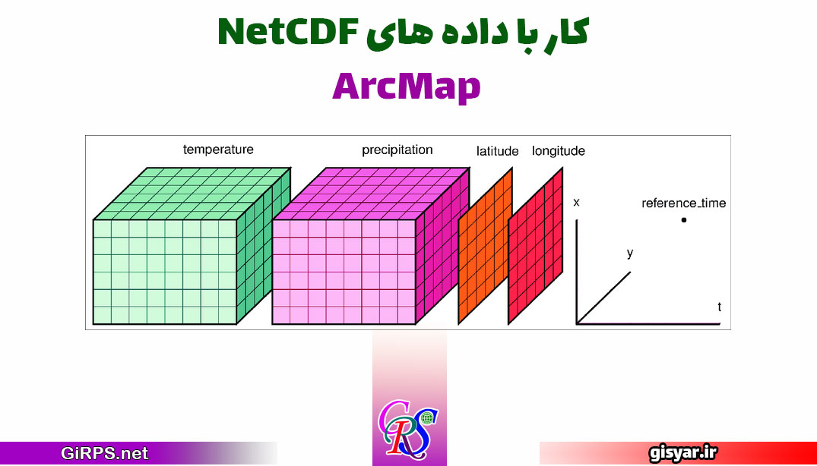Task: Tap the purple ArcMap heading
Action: pyautogui.click(x=407, y=87)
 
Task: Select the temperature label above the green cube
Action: pyautogui.click(x=218, y=150)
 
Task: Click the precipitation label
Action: pyautogui.click(x=397, y=150)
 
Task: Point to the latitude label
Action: pyautogui.click(x=498, y=151)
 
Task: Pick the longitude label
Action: pyautogui.click(x=558, y=151)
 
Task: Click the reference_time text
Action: pyautogui.click(x=683, y=203)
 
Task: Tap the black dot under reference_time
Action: pyautogui.click(x=683, y=220)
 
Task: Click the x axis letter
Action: pyautogui.click(x=576, y=203)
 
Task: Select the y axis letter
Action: pyautogui.click(x=630, y=253)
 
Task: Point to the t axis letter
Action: pyautogui.click(x=720, y=307)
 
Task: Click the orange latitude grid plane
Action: pyautogui.click(x=485, y=246)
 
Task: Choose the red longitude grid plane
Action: pyautogui.click(x=536, y=246)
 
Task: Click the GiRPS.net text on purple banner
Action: pyautogui.click(x=105, y=453)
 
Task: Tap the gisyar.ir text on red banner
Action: pyautogui.click(x=683, y=453)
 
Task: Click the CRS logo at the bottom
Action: pyautogui.click(x=409, y=427)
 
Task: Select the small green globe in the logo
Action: pyautogui.click(x=428, y=417)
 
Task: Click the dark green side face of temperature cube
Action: pyautogui.click(x=264, y=245)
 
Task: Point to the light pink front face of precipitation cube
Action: pyautogui.click(x=344, y=272)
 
